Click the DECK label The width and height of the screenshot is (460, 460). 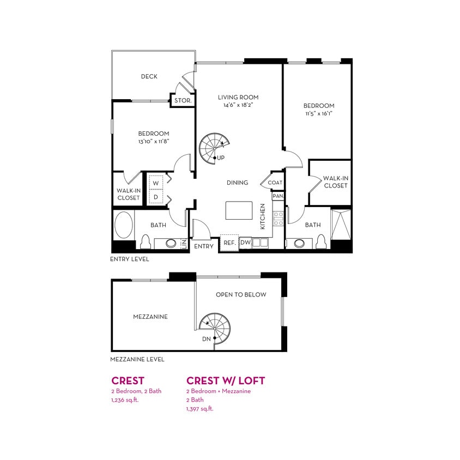coord(149,77)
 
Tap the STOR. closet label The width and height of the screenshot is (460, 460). coord(181,101)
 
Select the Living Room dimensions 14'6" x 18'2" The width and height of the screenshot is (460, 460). coord(238,105)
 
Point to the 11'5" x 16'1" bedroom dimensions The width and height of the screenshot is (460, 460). coord(319,114)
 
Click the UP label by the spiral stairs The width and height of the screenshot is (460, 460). coord(221,158)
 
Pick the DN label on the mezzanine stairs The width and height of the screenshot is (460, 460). coord(207,339)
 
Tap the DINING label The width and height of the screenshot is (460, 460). coord(237,183)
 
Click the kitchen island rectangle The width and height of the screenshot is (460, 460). coord(239,210)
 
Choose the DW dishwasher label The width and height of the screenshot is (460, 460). coord(245,243)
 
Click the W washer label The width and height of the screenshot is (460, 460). coord(155,183)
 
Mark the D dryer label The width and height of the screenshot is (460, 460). coord(155,196)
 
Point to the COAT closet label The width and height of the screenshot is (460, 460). coord(275,183)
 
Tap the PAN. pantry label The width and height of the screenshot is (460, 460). coord(278,196)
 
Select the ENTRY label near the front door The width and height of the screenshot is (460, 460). coord(204,246)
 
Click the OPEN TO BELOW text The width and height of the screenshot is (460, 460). coord(241,295)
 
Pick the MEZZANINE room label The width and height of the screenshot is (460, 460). coord(150,317)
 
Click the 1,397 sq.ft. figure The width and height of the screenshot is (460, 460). coord(199,409)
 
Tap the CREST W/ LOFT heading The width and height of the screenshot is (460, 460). coord(226,380)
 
